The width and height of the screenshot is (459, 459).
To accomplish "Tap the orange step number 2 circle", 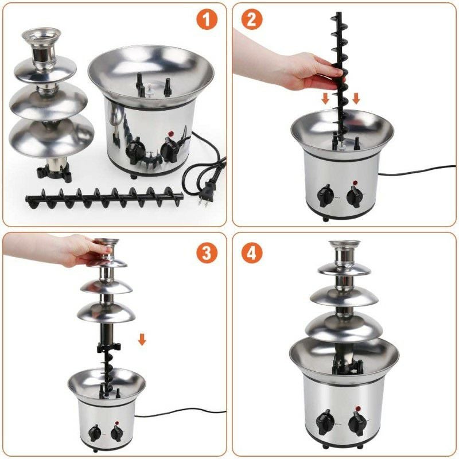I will click(250, 20).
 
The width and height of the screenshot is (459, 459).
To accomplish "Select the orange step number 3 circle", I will click(208, 252).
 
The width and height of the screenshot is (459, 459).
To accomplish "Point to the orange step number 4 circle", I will click(251, 252).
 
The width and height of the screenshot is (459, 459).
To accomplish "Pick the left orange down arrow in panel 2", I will click(325, 98).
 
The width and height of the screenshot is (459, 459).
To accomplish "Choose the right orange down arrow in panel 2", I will click(356, 98).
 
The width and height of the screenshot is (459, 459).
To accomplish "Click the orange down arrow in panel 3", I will click(142, 340).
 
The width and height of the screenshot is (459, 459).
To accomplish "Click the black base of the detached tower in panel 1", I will click(55, 170).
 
